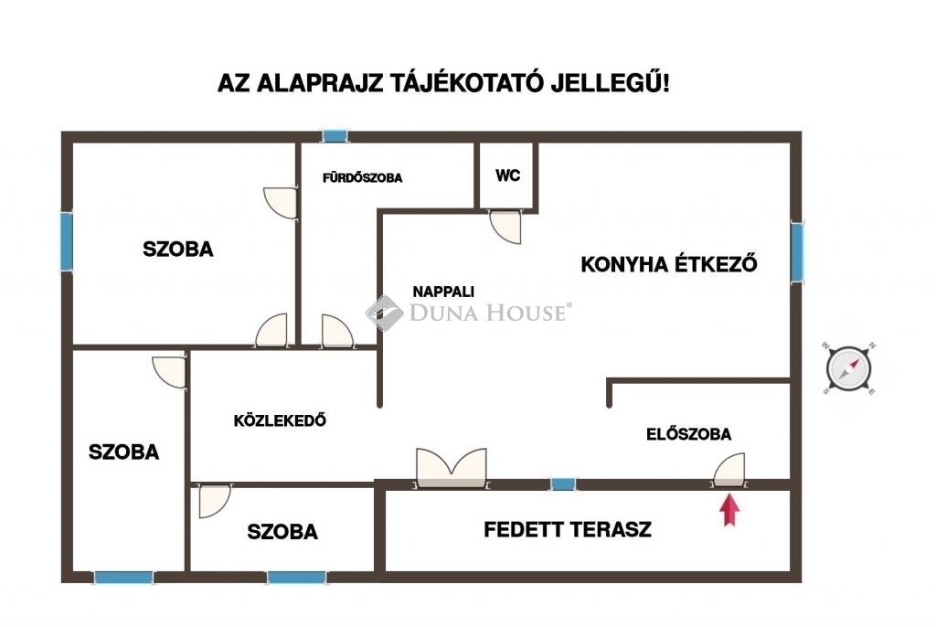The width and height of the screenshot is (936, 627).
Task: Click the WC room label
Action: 507,175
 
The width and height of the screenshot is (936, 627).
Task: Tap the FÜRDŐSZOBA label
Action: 362,177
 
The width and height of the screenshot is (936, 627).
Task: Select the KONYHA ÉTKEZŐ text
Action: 669,264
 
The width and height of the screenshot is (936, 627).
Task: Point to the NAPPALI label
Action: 443,292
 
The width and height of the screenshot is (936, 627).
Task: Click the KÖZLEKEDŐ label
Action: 280,420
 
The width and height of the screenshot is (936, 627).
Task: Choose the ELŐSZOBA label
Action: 689,434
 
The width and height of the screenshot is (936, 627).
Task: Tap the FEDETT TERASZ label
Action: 567,530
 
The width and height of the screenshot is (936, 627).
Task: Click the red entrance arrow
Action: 729,511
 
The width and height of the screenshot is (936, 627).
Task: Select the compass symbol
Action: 849,369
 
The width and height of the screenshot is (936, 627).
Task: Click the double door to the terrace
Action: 452,469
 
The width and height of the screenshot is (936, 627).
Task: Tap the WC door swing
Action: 505,227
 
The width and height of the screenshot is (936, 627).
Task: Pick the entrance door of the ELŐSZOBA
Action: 729,470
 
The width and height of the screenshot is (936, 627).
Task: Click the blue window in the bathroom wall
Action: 335,136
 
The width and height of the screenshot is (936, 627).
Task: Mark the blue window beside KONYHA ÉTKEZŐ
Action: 797,251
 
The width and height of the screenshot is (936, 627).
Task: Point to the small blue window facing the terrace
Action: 563,484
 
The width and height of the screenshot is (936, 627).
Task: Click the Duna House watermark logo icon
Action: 385,313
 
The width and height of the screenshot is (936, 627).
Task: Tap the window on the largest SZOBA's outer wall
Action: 66,240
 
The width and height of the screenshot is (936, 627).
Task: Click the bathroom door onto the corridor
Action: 338,331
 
